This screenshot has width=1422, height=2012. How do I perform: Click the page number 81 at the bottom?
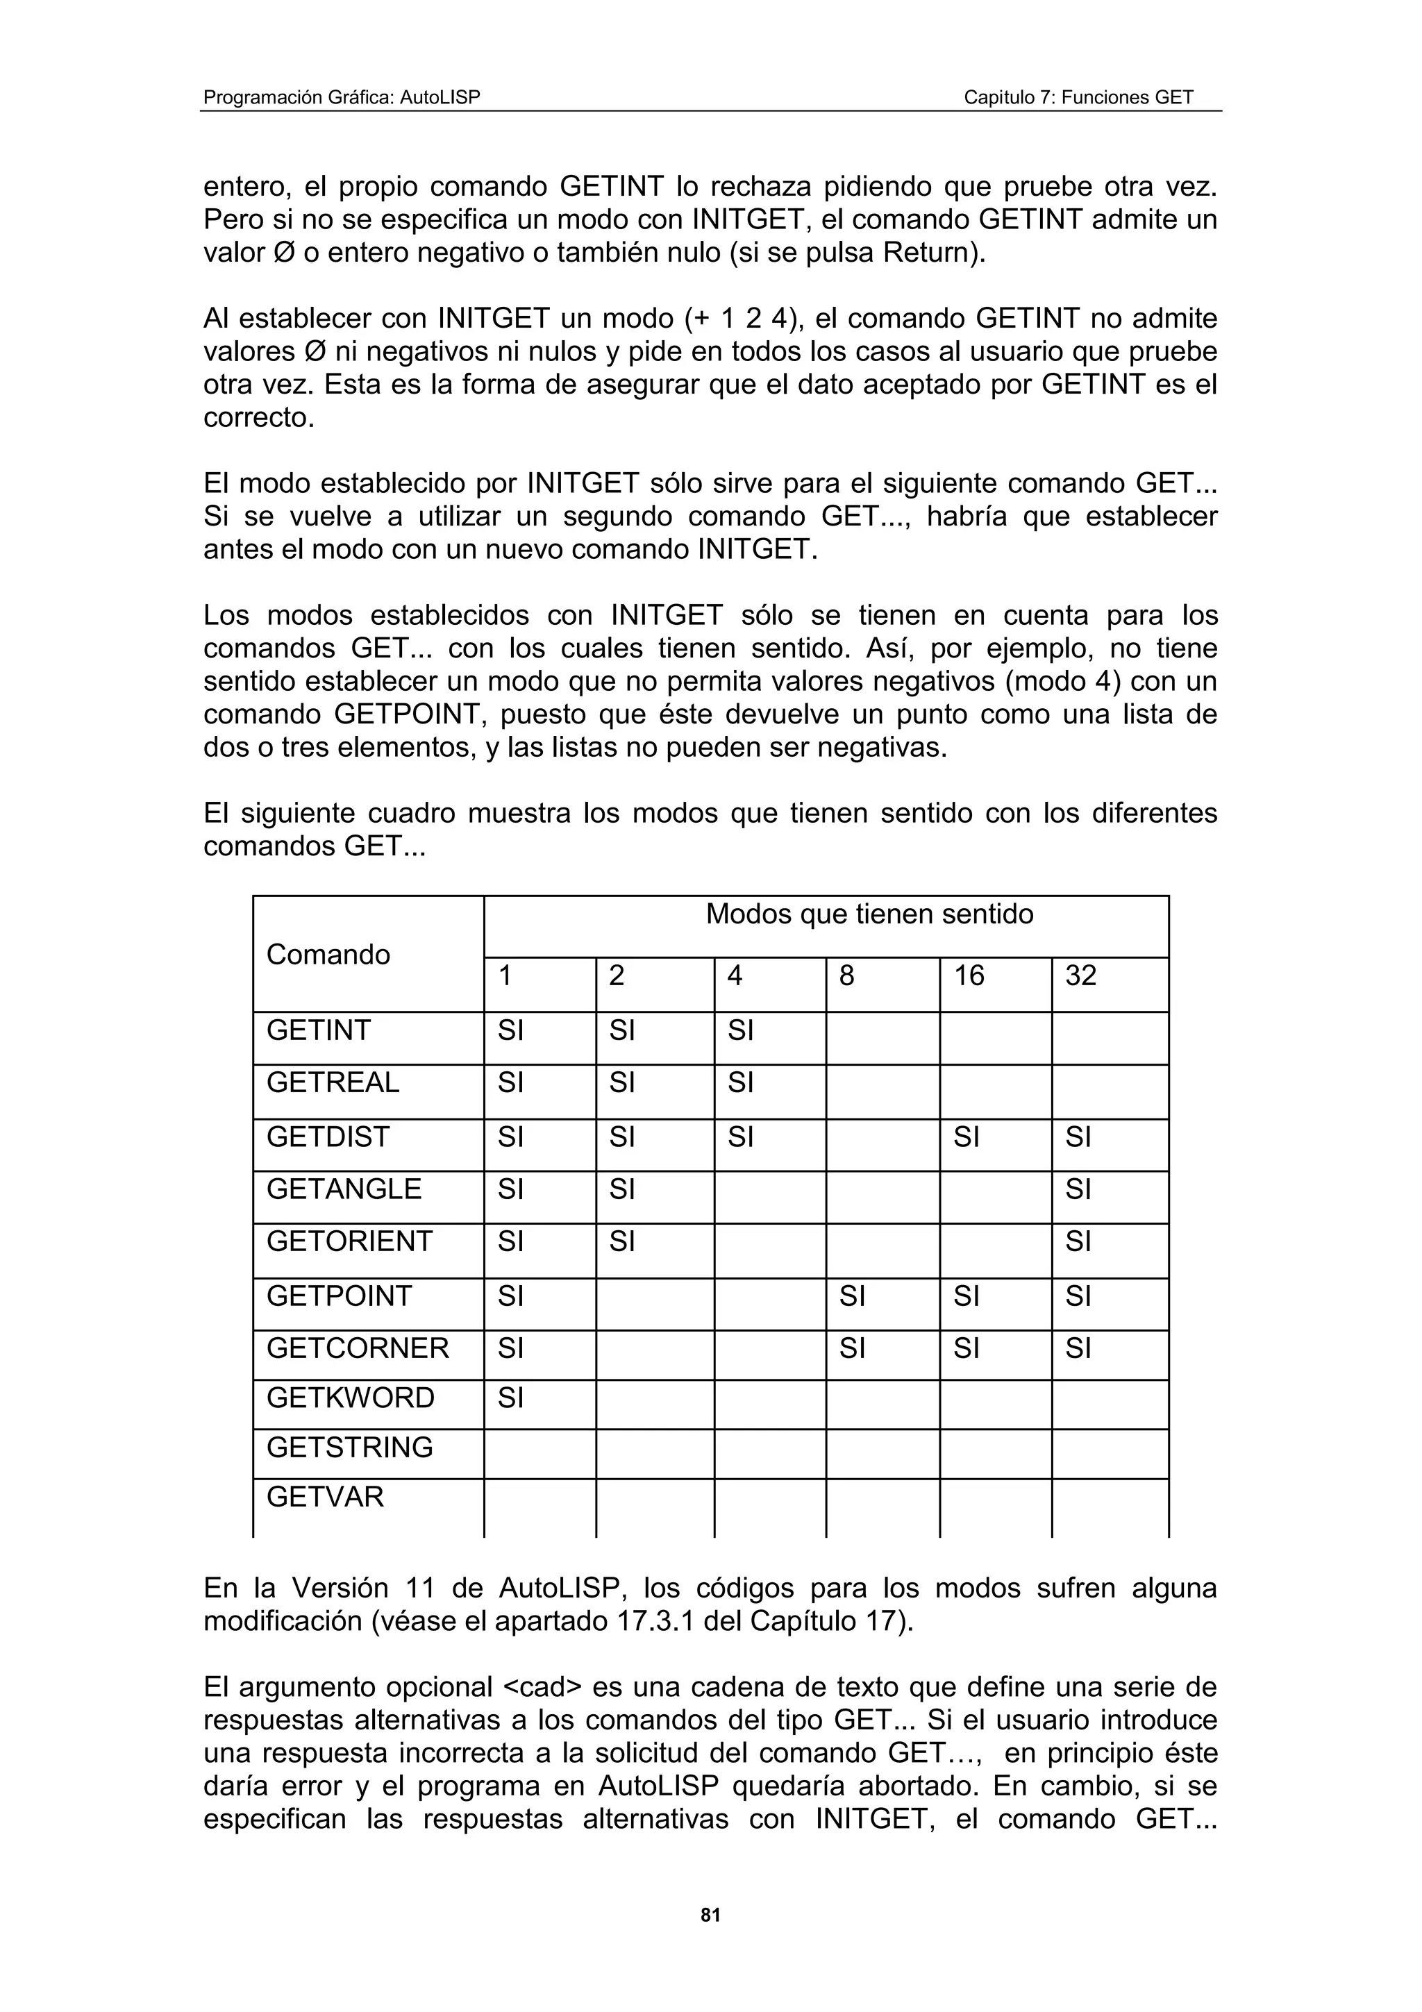coord(710,1915)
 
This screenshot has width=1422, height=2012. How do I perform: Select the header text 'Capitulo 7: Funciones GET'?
coord(1078,97)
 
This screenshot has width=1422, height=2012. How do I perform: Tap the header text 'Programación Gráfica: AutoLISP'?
coord(342,97)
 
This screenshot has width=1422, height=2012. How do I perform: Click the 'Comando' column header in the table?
coord(328,955)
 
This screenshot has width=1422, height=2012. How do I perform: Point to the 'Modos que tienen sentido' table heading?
coord(869,915)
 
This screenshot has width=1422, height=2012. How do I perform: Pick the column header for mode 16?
coord(969,976)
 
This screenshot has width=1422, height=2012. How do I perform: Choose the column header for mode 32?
coord(1080,976)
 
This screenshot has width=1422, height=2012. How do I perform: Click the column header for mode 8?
coord(846,976)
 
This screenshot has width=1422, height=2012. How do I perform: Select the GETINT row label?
coord(319,1030)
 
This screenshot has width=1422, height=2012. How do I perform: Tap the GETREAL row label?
coord(333,1083)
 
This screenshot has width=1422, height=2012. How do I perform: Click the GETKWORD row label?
coord(351,1398)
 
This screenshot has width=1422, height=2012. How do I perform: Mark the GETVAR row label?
coord(325,1497)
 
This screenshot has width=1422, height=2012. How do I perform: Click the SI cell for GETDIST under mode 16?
coord(967,1137)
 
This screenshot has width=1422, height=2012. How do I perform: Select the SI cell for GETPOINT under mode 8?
coord(852,1296)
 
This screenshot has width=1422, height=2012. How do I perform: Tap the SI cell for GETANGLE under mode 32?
coord(1078,1189)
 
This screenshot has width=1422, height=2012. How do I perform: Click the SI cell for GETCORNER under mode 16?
coord(967,1348)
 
